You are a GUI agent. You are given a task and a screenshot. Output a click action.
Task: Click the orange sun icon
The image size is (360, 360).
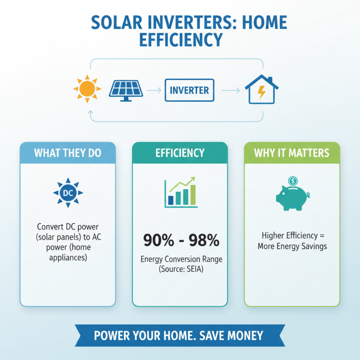86,89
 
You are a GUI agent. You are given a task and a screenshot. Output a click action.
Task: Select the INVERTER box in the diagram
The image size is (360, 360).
189,90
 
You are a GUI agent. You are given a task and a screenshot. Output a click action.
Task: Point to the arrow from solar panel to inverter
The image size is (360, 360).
154,90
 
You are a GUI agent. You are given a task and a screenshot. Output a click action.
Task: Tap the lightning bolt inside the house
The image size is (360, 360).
261,92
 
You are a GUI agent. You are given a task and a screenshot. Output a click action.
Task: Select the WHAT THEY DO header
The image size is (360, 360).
67,153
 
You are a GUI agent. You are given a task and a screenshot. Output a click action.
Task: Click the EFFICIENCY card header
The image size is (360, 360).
180,153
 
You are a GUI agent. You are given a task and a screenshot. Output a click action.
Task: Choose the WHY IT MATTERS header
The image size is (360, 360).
292,153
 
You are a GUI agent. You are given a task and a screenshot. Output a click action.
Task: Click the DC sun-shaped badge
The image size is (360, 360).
67,193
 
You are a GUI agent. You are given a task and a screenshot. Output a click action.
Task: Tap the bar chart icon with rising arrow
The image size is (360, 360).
180,193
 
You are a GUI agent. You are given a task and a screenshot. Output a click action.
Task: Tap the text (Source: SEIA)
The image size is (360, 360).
180,269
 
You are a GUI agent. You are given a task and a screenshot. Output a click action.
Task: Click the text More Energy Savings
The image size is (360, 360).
292,246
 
